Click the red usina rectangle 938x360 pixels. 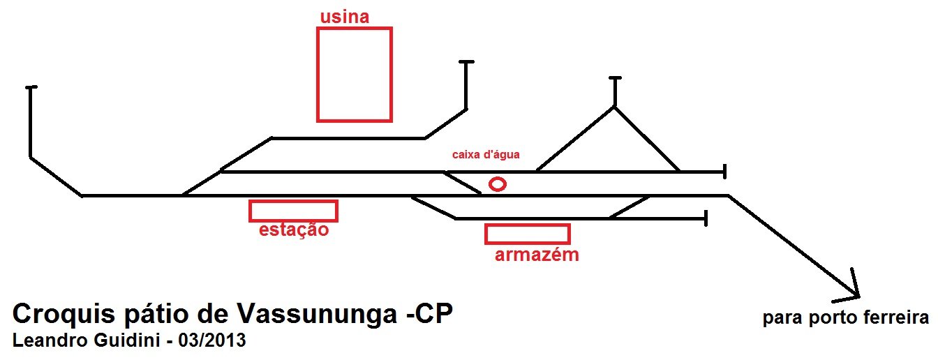pyautogui.click(x=354, y=75)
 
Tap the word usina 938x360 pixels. pyautogui.click(x=344, y=17)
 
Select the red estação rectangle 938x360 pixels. pyautogui.click(x=293, y=211)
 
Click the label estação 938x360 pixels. pyautogui.click(x=293, y=230)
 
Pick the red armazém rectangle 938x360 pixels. pyautogui.click(x=527, y=234)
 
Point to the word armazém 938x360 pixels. pyautogui.click(x=537, y=255)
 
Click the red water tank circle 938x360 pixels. pyautogui.click(x=497, y=184)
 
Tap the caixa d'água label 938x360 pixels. pyautogui.click(x=486, y=154)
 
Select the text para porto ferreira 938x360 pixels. pyautogui.click(x=845, y=318)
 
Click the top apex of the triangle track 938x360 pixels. pyautogui.click(x=614, y=106)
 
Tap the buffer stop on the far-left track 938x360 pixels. pyautogui.click(x=30, y=88)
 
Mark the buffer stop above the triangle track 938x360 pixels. pyautogui.click(x=614, y=77)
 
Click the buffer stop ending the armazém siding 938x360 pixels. pyautogui.click(x=707, y=218)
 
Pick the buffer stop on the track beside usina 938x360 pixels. pyautogui.click(x=466, y=63)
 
